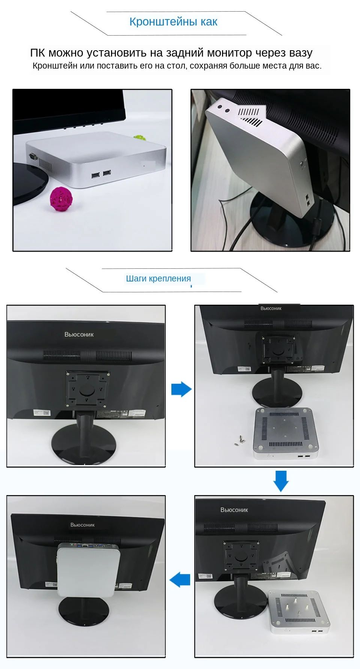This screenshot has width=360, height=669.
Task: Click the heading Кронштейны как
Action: point(173,22)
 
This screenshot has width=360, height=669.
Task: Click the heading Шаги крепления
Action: point(158,278)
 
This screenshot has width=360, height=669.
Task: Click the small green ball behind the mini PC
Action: point(140,138)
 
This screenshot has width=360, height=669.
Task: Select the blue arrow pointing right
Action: point(181,389)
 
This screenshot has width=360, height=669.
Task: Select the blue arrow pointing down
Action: point(281,481)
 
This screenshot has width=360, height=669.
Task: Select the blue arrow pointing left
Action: point(180,579)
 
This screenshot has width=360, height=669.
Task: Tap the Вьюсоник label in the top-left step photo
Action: point(79,334)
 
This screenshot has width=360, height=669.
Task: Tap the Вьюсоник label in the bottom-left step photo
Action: point(82,525)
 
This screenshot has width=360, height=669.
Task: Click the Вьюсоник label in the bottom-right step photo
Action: point(234,510)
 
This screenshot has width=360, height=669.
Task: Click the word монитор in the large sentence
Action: point(229,53)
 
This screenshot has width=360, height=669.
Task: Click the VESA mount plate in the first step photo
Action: point(87,389)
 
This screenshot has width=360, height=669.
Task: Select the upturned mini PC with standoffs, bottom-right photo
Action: point(299,611)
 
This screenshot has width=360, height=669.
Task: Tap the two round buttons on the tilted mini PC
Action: point(223,110)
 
